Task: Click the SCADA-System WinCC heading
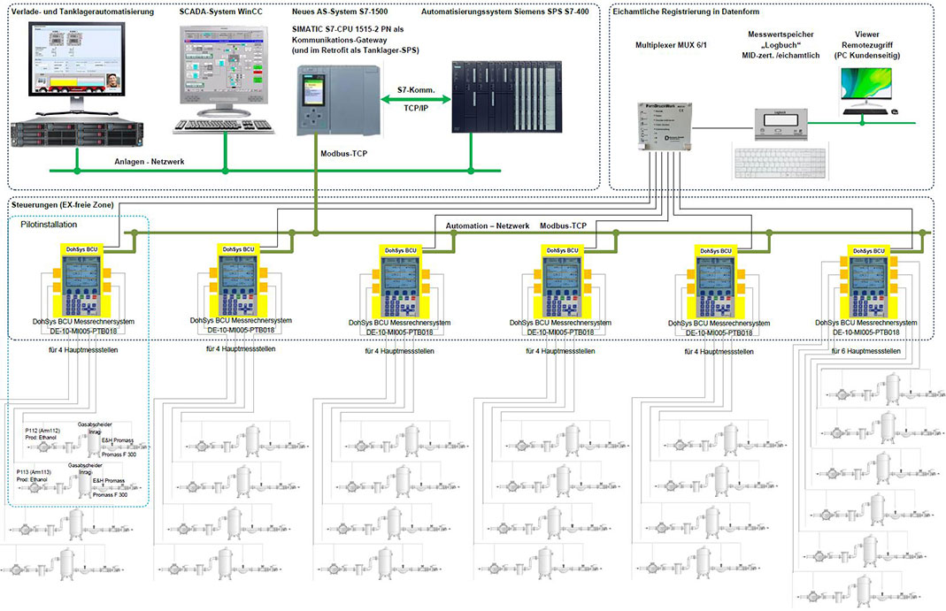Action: (x=220, y=12)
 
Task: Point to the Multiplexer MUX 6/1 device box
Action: (x=662, y=125)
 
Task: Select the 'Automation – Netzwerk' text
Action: (x=488, y=225)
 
